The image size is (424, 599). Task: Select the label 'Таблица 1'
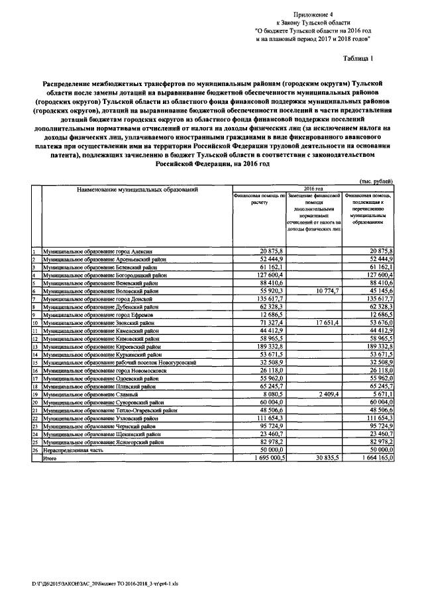358,58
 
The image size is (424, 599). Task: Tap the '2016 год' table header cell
313,188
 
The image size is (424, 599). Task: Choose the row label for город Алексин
97,252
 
